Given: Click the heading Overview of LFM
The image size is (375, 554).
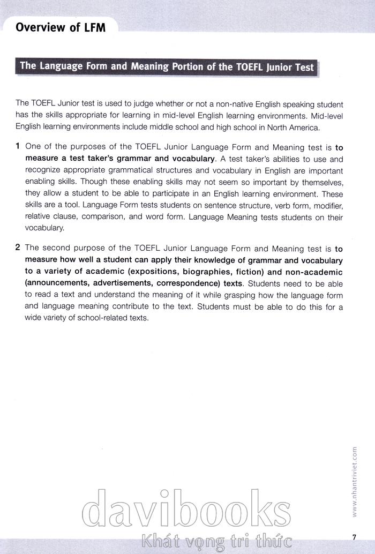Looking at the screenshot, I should pos(60,27).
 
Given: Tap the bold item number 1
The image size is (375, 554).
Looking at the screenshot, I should pos(18,146).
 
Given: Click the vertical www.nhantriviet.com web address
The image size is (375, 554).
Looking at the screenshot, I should pos(355,482).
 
